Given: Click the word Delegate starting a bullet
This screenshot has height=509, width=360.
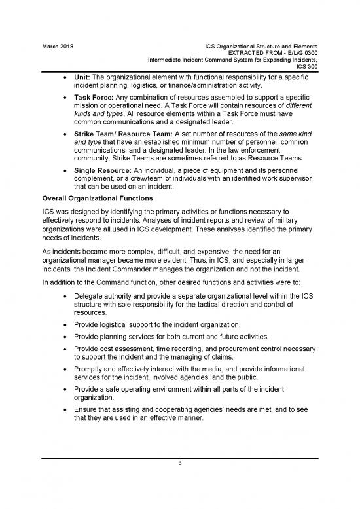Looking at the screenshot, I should point(90,297).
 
